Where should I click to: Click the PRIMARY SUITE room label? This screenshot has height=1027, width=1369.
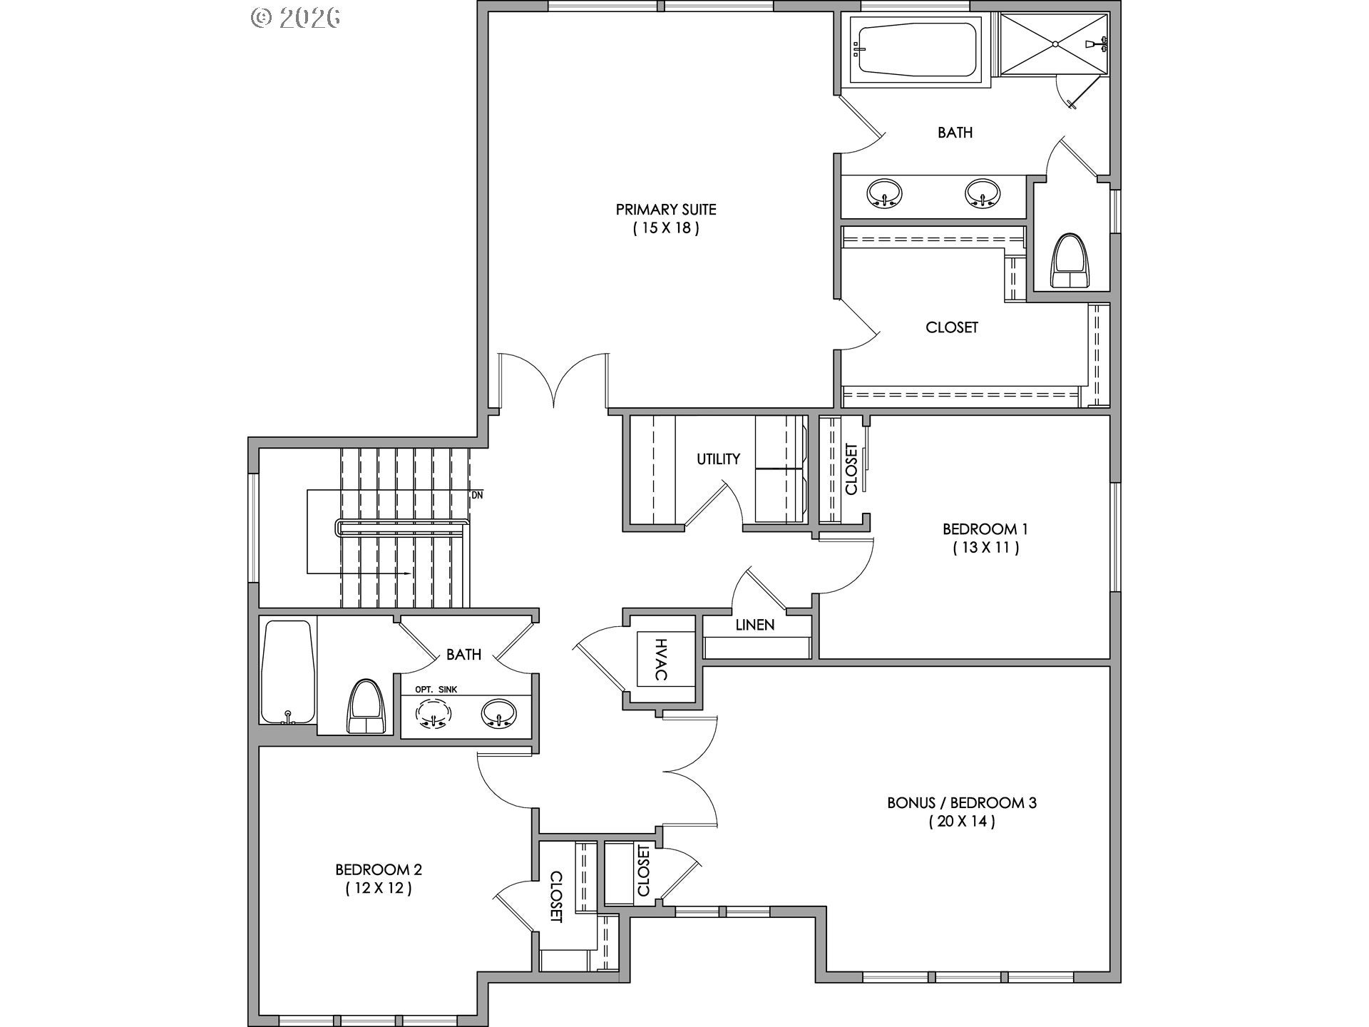click(666, 210)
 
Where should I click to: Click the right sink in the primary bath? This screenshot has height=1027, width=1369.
click(983, 193)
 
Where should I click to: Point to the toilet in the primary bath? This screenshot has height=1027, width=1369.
click(1072, 262)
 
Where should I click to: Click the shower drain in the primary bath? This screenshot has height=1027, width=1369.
click(1055, 44)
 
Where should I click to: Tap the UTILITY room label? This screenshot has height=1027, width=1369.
click(718, 459)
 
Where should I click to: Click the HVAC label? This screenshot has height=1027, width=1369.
click(660, 659)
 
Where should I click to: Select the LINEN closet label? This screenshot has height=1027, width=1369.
click(755, 625)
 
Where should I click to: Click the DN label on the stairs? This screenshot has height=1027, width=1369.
click(477, 495)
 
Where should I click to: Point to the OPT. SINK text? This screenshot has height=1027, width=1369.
click(436, 690)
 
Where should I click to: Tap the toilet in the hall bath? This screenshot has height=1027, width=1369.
click(366, 707)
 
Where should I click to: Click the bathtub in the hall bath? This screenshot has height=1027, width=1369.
click(287, 672)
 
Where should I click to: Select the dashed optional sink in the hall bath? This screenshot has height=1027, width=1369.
click(434, 714)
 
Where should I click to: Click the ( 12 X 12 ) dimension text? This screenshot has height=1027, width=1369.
click(379, 889)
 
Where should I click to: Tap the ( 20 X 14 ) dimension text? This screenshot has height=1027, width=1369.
click(962, 822)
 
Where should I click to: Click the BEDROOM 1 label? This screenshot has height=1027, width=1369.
click(985, 529)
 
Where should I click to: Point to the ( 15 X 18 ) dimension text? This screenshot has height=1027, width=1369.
click(666, 228)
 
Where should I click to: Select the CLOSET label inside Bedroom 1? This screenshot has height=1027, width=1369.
click(851, 469)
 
